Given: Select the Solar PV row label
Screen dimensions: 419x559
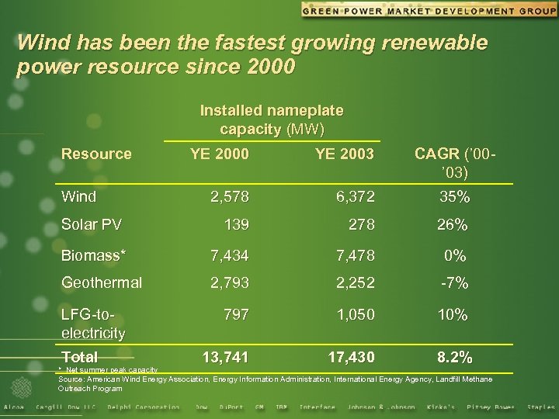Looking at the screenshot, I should click(x=92, y=225).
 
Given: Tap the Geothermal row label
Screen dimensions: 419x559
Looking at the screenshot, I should click(x=102, y=283).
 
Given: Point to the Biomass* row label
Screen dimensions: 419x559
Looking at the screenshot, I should click(x=94, y=255).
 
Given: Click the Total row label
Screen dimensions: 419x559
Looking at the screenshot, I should click(x=80, y=357).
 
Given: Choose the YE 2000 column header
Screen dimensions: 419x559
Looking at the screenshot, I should click(x=220, y=154).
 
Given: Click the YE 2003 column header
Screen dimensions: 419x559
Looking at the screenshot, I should click(x=345, y=154).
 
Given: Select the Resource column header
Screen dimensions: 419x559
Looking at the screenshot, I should click(x=96, y=154).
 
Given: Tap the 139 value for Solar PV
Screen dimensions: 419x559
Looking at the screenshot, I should click(x=236, y=226).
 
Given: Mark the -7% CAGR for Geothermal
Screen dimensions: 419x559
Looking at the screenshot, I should click(x=453, y=284).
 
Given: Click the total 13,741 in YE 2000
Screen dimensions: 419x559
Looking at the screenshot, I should click(x=225, y=357).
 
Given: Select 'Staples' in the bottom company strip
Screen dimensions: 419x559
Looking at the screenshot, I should click(x=540, y=407).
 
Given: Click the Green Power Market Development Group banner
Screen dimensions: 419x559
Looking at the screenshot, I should click(x=429, y=10).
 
